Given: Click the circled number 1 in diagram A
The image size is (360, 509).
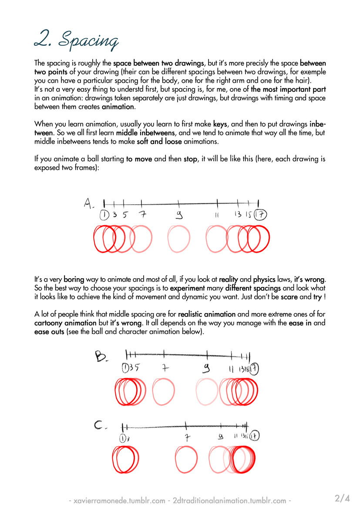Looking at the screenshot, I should pos(104,215).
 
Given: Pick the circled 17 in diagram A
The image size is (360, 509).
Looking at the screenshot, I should pos(261,215).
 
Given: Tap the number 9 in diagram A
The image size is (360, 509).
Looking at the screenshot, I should pos(178,215).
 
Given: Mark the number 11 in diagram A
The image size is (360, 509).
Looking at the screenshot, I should pos(217,215).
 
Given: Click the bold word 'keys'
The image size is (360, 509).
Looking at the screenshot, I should pos(220,124).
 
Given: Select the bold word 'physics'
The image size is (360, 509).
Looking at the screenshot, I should pos(264,279).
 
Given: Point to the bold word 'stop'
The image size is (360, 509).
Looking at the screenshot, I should pos(190,159).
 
